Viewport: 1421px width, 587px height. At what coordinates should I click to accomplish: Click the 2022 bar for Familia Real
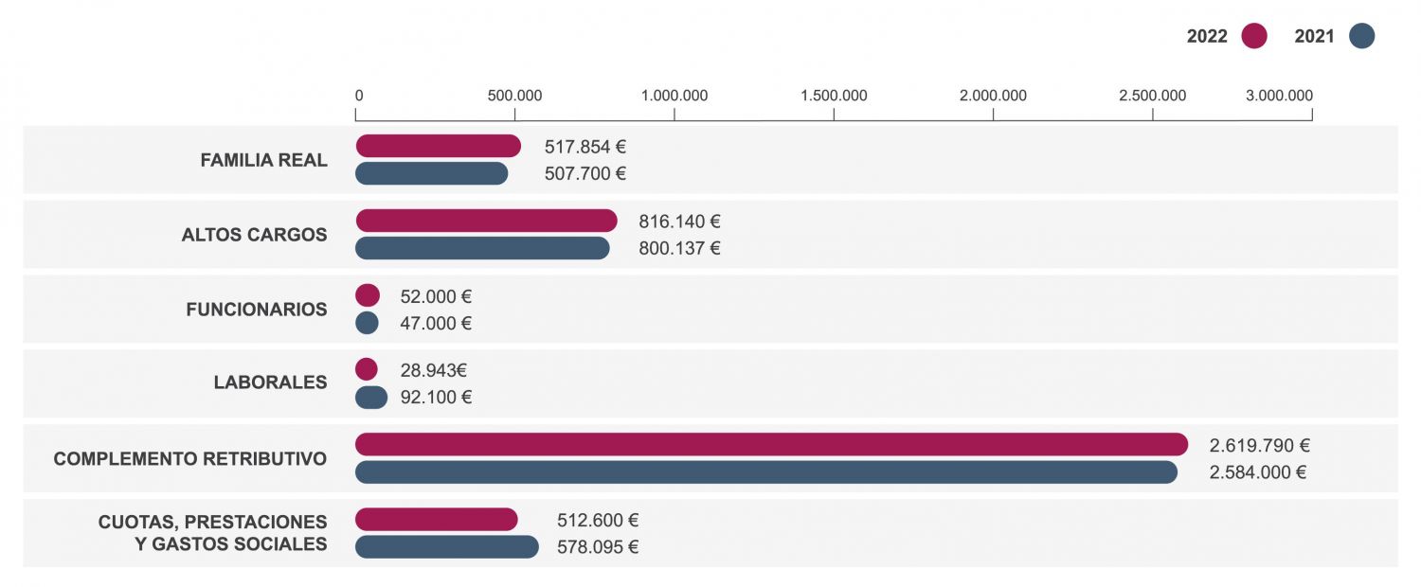click(438, 146)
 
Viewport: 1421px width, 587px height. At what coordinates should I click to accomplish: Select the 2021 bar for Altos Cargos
click(482, 248)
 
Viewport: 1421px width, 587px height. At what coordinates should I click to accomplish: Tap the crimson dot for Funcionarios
click(368, 295)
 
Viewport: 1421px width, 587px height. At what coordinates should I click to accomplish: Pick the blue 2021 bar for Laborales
click(371, 398)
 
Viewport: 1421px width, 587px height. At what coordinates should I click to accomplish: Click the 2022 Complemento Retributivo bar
click(771, 445)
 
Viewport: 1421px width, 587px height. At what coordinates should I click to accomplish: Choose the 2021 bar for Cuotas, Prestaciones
click(446, 547)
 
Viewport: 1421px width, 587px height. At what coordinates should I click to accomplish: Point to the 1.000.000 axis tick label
click(675, 96)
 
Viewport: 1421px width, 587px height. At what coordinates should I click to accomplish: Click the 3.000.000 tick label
click(1279, 96)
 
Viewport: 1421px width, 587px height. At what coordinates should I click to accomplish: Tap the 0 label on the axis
click(359, 96)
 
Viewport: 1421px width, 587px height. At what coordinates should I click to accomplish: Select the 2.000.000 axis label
click(993, 96)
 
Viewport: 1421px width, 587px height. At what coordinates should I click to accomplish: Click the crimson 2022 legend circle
click(1254, 36)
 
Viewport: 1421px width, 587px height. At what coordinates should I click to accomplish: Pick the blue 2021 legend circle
click(1361, 36)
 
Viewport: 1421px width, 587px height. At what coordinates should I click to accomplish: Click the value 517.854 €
click(585, 147)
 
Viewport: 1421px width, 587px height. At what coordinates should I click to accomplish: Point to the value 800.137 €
click(680, 249)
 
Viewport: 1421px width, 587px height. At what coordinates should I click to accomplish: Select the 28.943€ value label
click(433, 371)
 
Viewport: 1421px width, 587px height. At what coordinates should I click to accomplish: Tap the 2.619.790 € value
click(1260, 446)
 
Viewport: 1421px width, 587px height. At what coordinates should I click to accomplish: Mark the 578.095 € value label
click(598, 548)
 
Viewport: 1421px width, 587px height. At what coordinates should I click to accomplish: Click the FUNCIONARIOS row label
click(257, 310)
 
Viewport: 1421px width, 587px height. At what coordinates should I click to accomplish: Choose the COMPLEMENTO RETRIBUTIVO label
click(190, 459)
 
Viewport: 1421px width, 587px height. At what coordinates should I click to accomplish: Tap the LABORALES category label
click(270, 383)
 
